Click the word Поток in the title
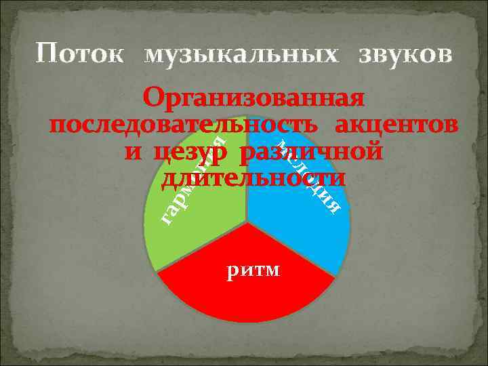pyautogui.click(x=80, y=54)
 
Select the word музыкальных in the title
pyautogui.click(x=241, y=55)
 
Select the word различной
pyautogui.click(x=311, y=152)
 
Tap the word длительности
pyautogui.click(x=253, y=178)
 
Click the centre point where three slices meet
pyautogui.click(x=247, y=222)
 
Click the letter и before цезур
pyautogui.click(x=132, y=152)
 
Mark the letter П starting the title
pyautogui.click(x=46, y=53)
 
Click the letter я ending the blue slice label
pyautogui.click(x=333, y=204)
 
